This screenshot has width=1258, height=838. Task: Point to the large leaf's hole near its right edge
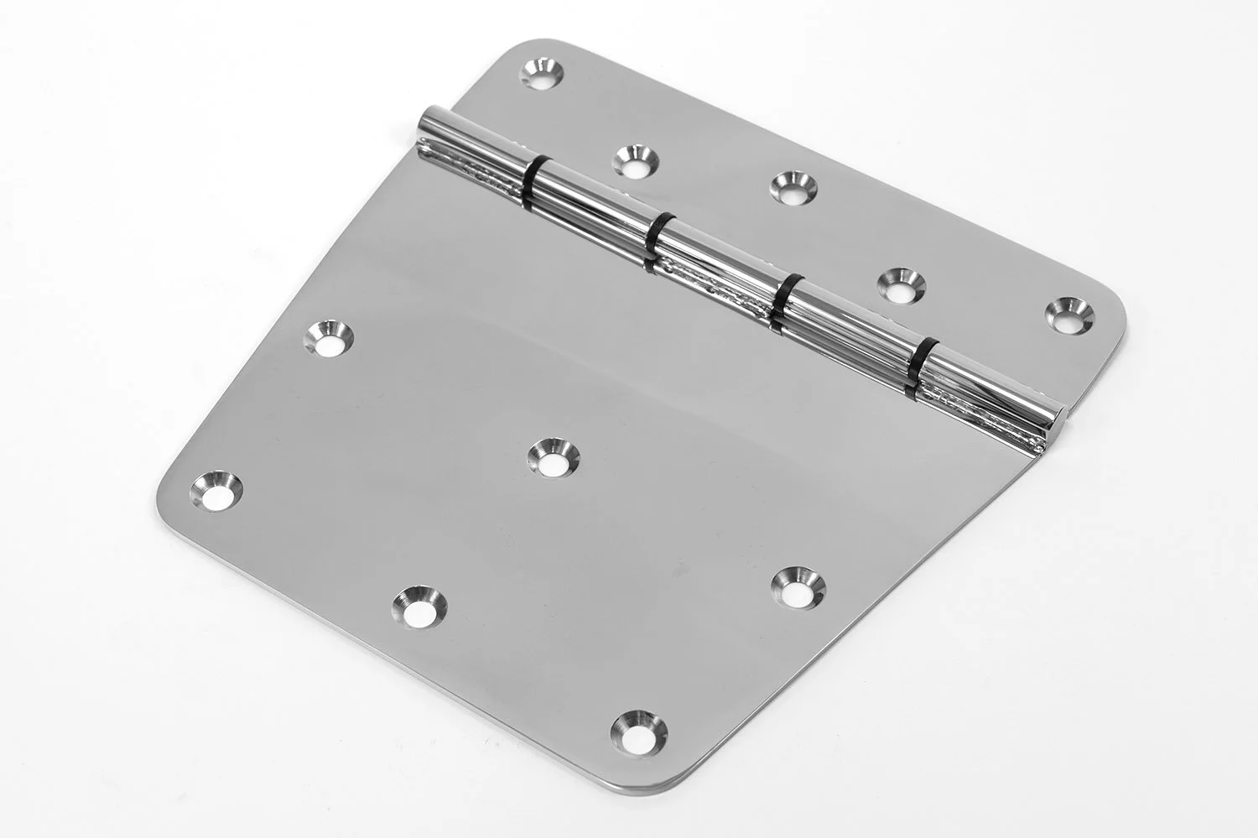pos(793,584)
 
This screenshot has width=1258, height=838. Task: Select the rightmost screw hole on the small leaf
pos(1068,312)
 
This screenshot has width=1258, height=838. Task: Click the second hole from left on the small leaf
pos(635,161)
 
